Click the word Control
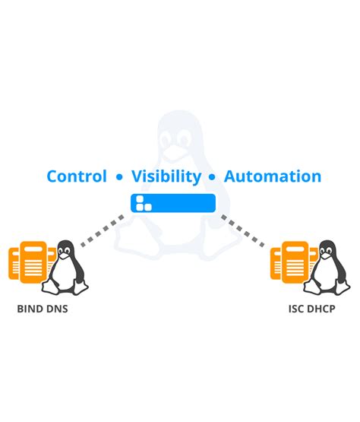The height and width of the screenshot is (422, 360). (77, 176)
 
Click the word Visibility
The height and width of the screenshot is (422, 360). (166, 176)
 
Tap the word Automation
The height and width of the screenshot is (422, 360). (273, 176)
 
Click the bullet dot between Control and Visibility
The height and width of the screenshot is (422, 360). (119, 178)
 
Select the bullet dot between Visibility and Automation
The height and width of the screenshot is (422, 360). (213, 178)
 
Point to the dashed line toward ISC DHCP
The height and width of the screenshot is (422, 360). (245, 230)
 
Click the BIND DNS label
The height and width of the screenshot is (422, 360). (43, 310)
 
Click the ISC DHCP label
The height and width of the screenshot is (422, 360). (312, 310)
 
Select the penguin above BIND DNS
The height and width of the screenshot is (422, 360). (67, 270)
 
